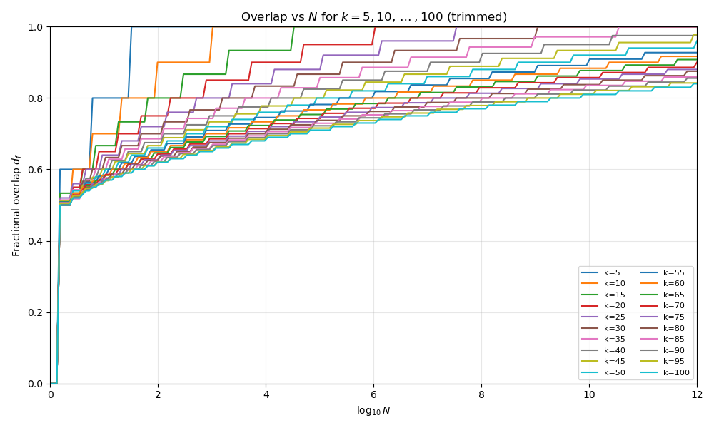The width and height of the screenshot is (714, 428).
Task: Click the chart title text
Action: pos(373,17)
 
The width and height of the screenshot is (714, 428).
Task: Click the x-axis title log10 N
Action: pos(373,411)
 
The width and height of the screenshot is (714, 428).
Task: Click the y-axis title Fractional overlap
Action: pos(16,205)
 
